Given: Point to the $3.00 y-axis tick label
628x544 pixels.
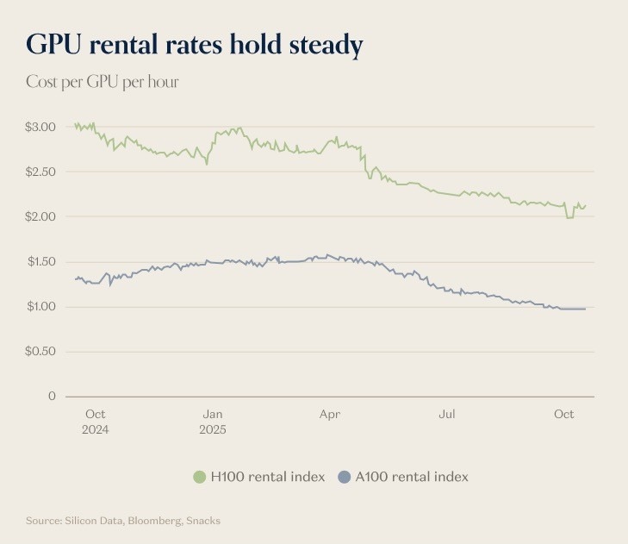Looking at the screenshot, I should click(x=40, y=127).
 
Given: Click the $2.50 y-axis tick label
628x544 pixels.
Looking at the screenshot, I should click(x=40, y=172).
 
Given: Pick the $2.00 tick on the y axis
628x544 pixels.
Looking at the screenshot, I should click(x=40, y=216).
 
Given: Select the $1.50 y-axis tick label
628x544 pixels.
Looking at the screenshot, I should click(x=40, y=261).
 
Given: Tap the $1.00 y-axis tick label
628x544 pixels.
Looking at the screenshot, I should click(x=40, y=306).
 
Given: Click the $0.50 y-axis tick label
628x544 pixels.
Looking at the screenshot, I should click(x=40, y=351).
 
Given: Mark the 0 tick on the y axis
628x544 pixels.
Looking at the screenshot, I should click(x=52, y=396).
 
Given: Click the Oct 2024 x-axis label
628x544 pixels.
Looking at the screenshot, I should click(x=96, y=422).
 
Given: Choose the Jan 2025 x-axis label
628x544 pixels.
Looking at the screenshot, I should click(x=212, y=422).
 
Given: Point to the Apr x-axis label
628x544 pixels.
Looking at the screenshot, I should click(x=330, y=415).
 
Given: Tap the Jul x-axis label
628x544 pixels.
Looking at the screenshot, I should click(x=447, y=415).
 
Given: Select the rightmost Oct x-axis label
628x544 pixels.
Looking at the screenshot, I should click(x=563, y=415).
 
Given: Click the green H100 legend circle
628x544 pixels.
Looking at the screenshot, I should click(x=200, y=477).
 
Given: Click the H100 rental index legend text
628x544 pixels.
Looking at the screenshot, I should click(x=267, y=477).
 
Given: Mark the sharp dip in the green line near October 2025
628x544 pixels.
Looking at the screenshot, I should click(x=569, y=217).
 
